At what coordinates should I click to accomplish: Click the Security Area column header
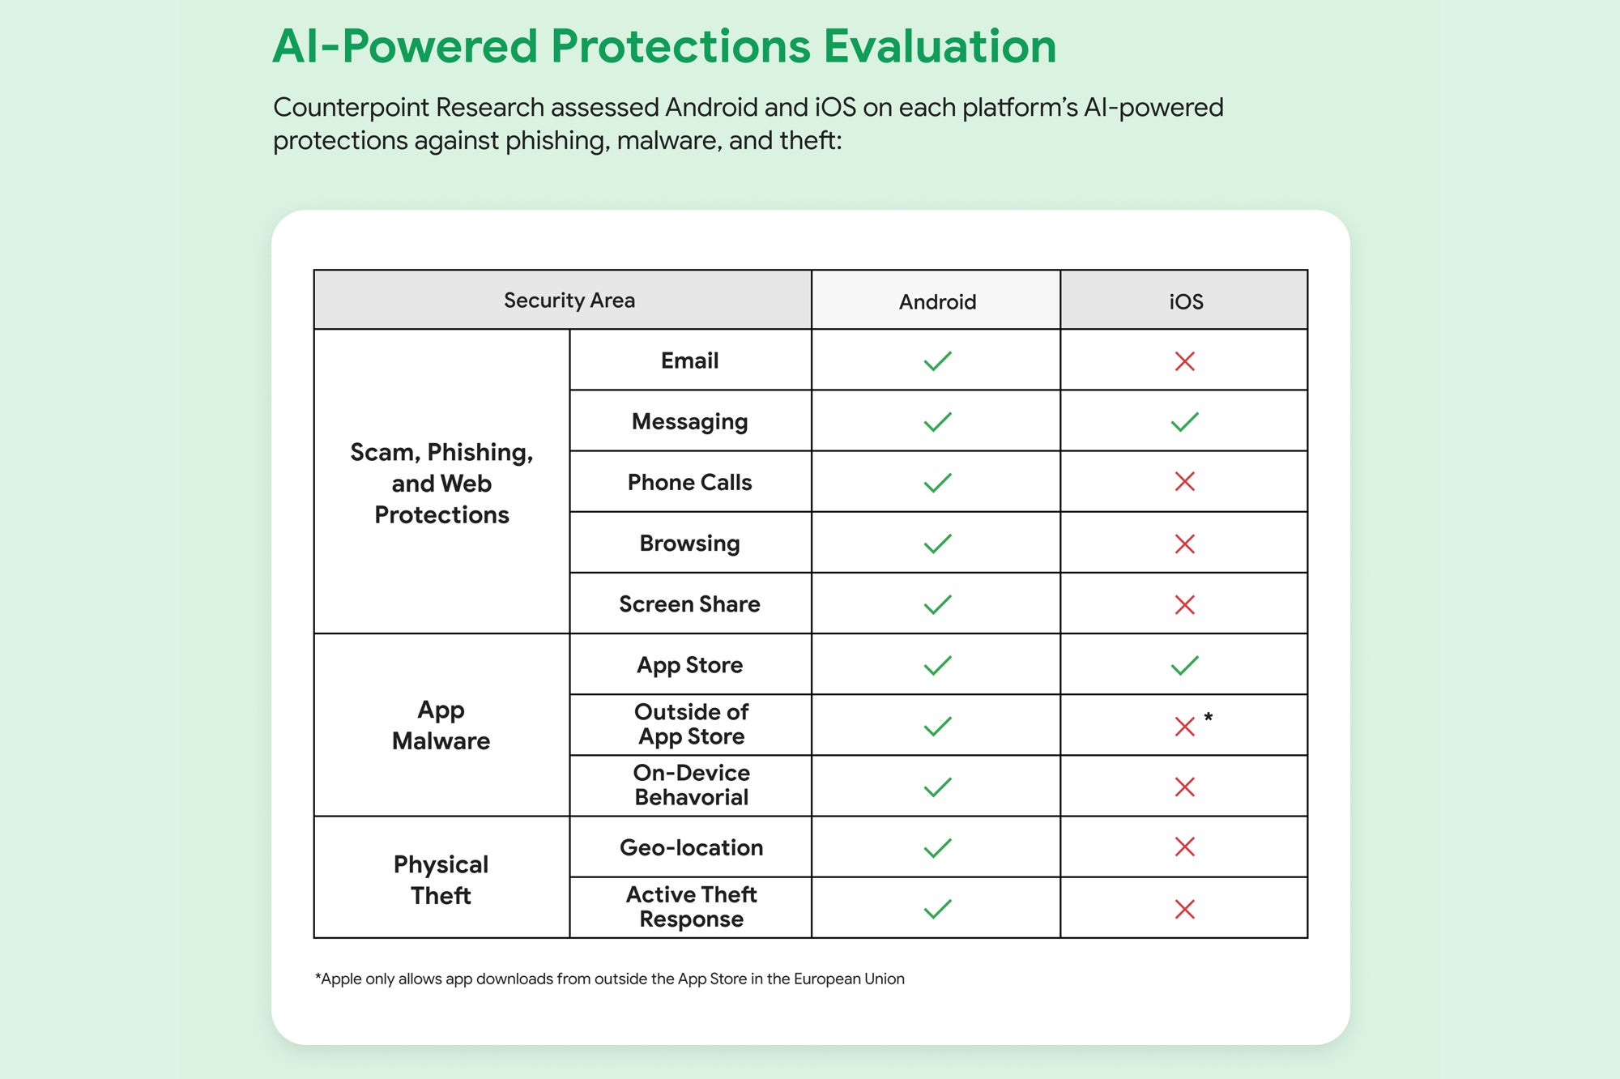(x=569, y=301)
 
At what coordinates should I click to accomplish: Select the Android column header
(x=937, y=302)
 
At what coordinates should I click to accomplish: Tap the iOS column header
(x=1185, y=302)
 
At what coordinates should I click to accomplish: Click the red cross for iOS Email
(x=1184, y=361)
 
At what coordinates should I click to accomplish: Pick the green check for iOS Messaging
(x=1184, y=422)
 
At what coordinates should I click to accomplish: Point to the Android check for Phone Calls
(x=937, y=483)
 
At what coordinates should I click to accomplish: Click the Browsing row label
(x=689, y=543)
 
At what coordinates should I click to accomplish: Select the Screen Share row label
(x=689, y=604)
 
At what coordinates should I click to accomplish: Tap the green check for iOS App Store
(x=1184, y=666)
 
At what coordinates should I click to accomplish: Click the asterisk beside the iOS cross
(x=1208, y=718)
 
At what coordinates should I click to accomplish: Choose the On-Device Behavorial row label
(x=691, y=785)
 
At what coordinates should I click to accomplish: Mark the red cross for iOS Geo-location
(x=1184, y=847)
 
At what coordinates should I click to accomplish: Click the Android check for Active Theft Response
(x=937, y=909)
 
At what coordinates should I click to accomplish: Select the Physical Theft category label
(x=441, y=880)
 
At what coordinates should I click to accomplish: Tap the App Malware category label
(x=441, y=725)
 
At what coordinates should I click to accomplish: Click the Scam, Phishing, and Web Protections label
(x=441, y=483)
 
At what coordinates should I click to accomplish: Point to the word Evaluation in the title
(x=940, y=46)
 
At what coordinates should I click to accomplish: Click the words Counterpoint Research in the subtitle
(x=408, y=107)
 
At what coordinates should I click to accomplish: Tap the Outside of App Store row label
(x=691, y=724)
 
